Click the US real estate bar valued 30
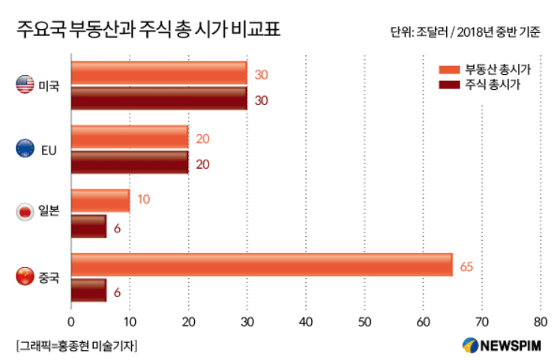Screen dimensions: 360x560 coord(159,73)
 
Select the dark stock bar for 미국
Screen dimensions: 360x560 coord(159,98)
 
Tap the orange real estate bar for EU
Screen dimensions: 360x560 coord(130,136)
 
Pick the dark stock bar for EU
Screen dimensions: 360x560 coord(130,162)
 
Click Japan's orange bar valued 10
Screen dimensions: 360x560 coord(100,200)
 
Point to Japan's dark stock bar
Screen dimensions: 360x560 coord(88,226)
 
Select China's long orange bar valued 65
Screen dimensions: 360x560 coord(262,265)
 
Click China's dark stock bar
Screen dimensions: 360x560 coord(88,290)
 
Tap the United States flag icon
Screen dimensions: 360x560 coord(25,85)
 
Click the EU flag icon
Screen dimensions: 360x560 coord(25,149)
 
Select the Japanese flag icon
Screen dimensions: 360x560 coord(25,213)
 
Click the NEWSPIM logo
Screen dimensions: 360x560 coord(504,345)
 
